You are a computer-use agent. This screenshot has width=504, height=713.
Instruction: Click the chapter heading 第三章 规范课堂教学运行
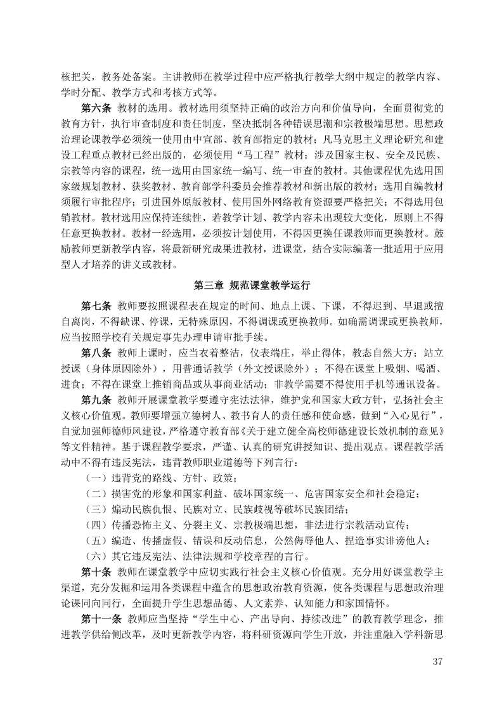point(252,284)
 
